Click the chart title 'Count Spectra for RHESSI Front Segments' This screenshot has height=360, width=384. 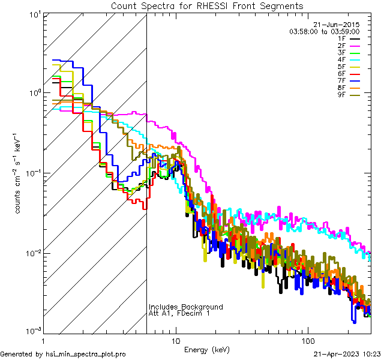pos(207,6)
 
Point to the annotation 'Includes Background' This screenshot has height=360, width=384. pos(185,307)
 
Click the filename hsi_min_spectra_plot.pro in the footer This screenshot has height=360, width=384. pos(86,354)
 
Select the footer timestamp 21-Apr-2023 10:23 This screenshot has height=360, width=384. pos(348,354)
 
